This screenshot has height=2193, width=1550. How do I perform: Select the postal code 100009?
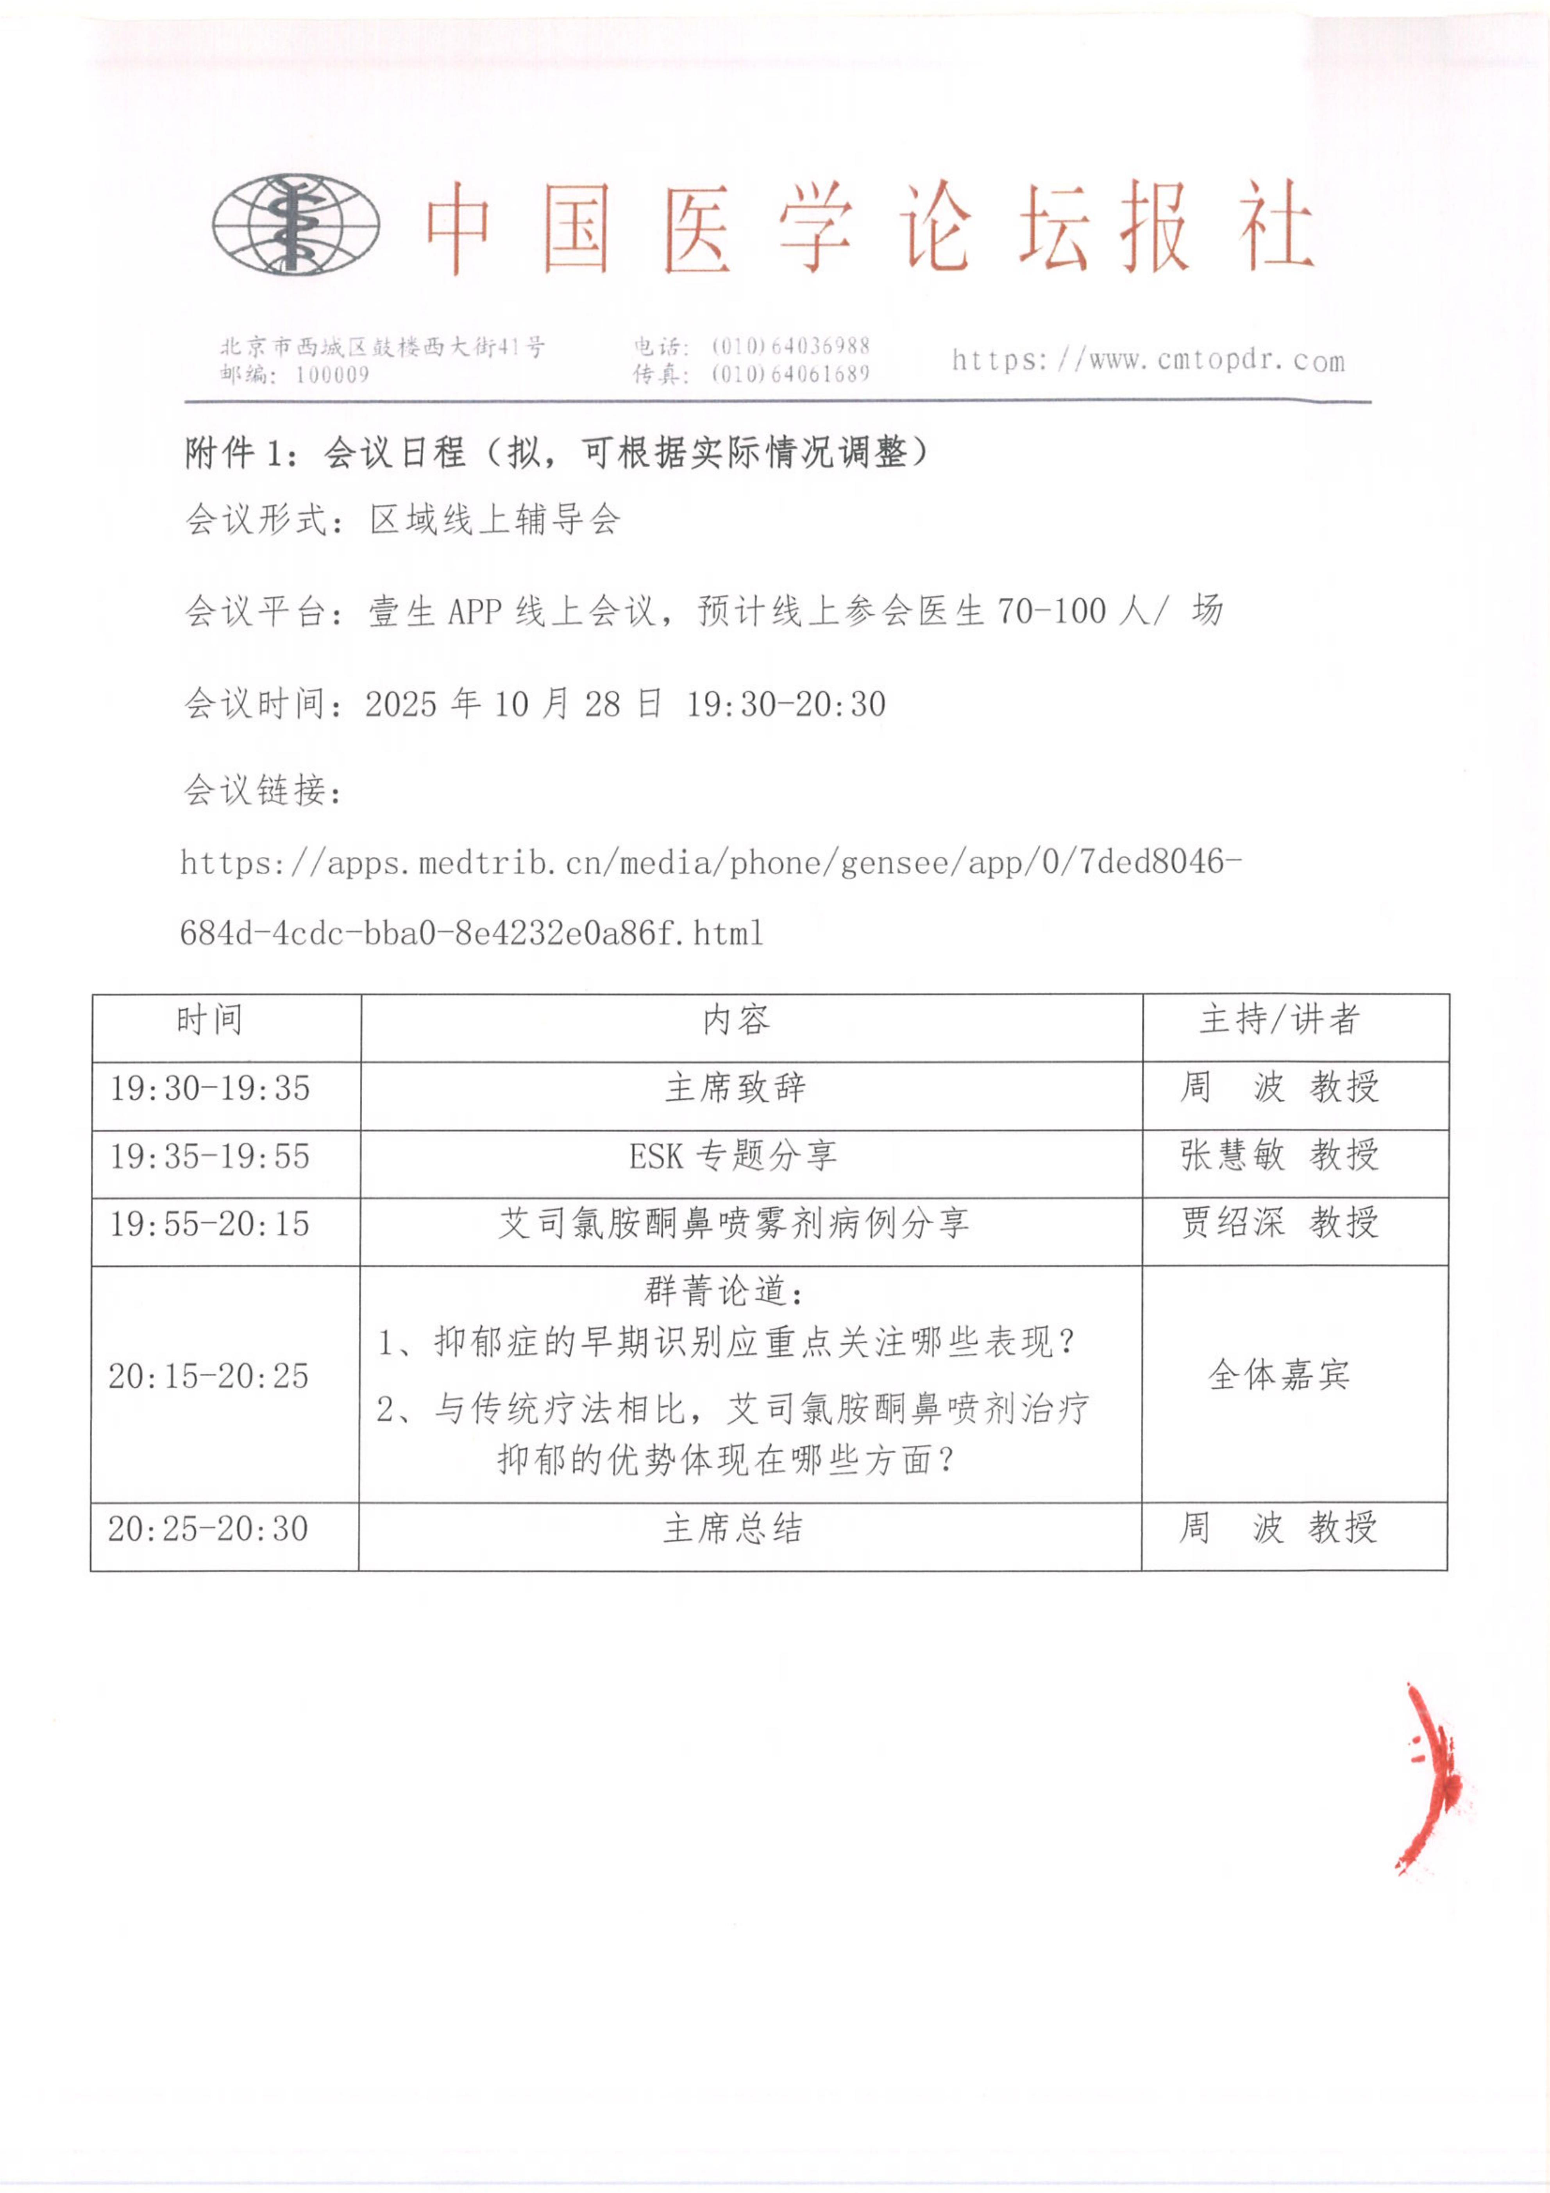pos(331,374)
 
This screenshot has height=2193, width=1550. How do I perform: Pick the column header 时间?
pos(209,1020)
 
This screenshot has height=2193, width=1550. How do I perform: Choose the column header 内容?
pos(735,1020)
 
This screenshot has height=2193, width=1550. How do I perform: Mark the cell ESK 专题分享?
pos(733,1156)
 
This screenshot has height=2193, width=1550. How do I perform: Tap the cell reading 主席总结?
pos(733,1528)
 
